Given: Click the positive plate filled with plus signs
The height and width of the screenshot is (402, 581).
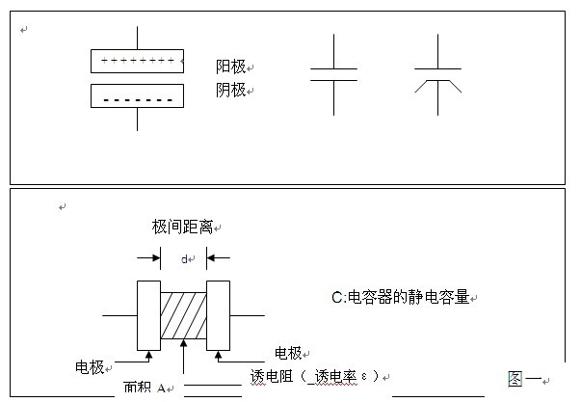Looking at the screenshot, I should coord(138,61).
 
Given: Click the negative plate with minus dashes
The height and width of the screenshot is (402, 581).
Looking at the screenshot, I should coord(138,95).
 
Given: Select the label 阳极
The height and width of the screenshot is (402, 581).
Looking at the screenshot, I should coord(230,67).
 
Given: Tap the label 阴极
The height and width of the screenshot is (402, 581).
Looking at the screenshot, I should coord(230,90).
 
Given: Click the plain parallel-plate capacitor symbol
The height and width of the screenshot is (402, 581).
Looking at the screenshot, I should coord(333,74).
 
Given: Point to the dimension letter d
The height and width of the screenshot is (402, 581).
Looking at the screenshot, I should coord(184,258).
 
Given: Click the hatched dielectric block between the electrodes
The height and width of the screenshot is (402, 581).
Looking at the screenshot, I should coord(183,315).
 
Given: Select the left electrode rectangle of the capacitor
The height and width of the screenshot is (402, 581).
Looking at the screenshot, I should coord(148,315).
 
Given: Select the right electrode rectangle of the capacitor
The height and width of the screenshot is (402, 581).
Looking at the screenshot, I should coord(218,315).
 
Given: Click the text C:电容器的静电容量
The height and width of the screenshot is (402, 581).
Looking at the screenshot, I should coord(400,298).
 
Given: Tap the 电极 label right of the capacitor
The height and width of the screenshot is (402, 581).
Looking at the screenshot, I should coord(289,352).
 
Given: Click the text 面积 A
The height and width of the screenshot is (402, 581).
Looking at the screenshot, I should coord(145,389).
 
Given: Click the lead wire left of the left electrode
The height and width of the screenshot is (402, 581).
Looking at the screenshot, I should coord(119,315).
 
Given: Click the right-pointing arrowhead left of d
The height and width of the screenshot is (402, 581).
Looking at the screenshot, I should coord(153,258).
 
